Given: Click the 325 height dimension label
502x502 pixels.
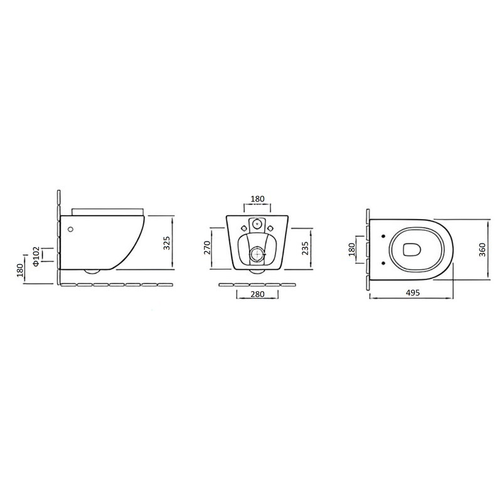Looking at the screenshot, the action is coord(166,243).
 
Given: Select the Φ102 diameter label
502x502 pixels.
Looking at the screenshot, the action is coord(36,256).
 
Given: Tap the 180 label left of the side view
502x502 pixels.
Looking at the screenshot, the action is coord(21,270).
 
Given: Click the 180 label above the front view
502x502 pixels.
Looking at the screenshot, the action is coord(258,199).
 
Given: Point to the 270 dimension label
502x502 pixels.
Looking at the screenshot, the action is coord(207,247).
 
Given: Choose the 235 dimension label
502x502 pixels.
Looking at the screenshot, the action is coord(305,248).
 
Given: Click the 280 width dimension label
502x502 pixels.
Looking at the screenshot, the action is coord(257,294).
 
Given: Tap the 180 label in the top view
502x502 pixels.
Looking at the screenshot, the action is coord(352,249).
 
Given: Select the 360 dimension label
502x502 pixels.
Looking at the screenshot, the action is coord(482,250).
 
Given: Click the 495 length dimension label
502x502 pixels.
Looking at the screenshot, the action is coord(413,292).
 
